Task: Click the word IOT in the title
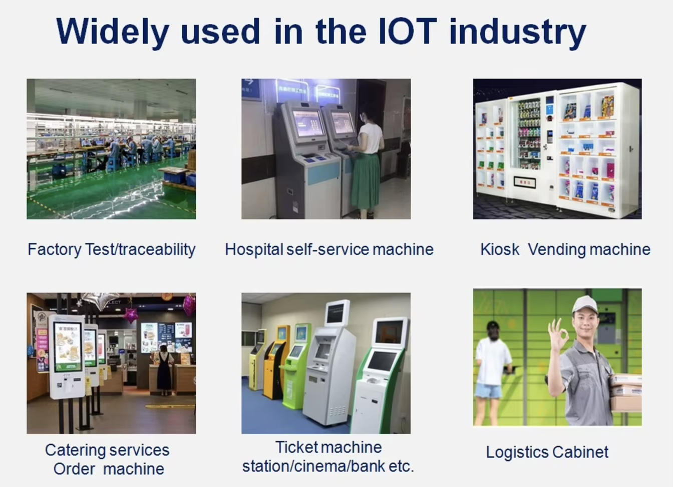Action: [x=407, y=31]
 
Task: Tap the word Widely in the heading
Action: [x=113, y=33]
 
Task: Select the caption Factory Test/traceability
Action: [x=112, y=249]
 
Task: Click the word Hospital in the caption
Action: [x=254, y=249]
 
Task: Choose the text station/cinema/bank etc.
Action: [x=328, y=466]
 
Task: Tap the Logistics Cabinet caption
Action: [x=547, y=452]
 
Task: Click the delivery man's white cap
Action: [x=584, y=304]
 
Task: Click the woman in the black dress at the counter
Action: [x=164, y=369]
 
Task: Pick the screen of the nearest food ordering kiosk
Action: [x=68, y=346]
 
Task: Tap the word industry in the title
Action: [x=518, y=33]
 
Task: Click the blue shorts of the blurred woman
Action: [x=488, y=390]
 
